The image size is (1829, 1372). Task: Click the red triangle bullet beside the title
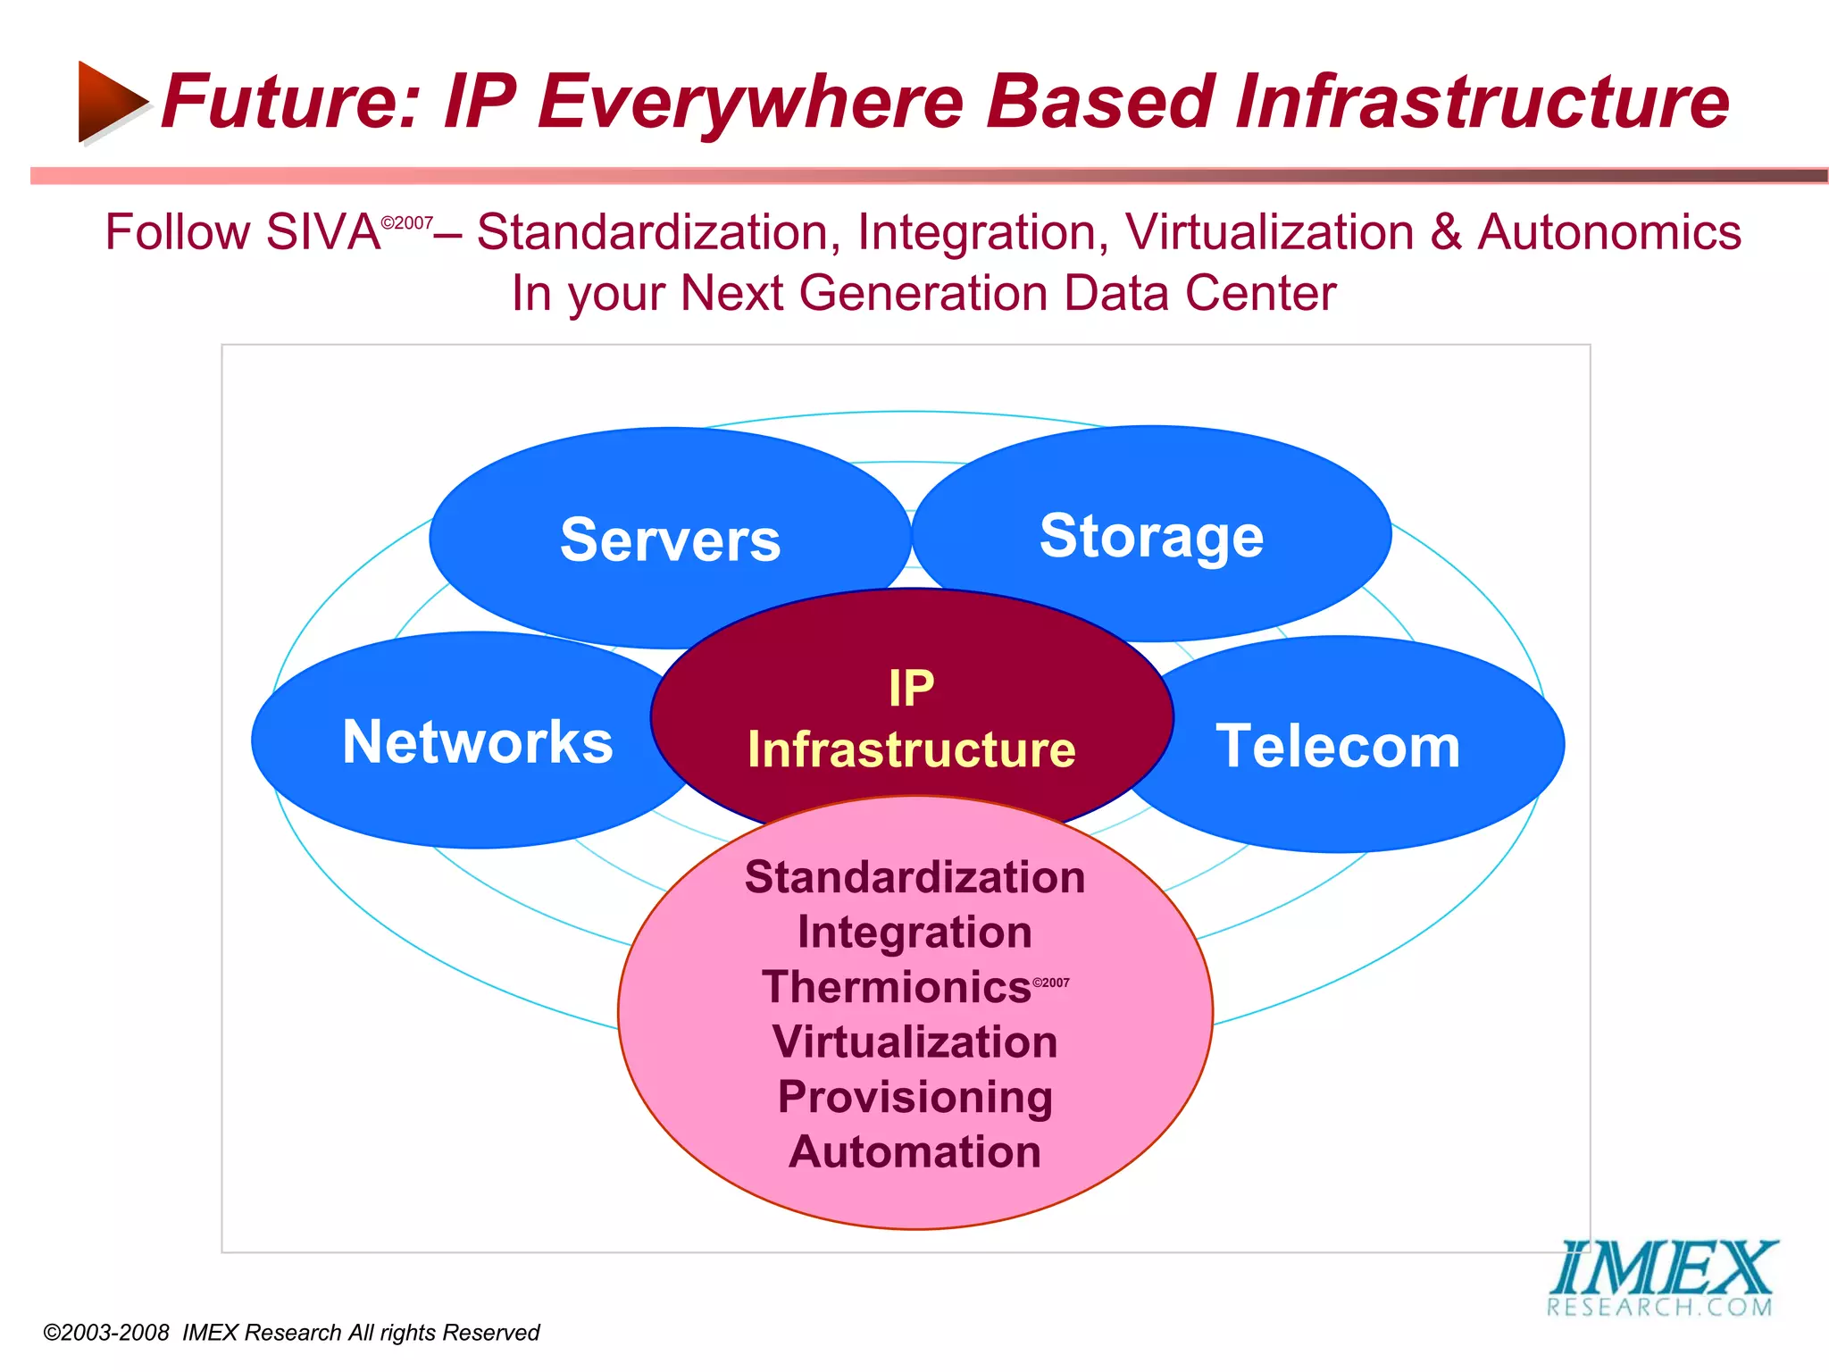110,102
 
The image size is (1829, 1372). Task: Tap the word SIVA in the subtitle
322,232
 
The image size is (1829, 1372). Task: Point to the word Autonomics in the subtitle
1608,232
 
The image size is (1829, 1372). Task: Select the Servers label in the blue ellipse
670,540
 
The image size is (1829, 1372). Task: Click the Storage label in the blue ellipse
1151,537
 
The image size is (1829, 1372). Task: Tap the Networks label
478,742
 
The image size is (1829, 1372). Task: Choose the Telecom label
1338,747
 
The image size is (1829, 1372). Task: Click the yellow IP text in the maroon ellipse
911,689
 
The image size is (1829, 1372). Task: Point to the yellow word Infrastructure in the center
912,749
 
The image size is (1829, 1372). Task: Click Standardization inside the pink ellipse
914,877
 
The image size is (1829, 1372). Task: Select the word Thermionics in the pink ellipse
897,988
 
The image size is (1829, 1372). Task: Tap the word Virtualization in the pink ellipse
914,1042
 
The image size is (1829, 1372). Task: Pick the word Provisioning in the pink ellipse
914,1097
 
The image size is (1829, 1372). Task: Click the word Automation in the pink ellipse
914,1152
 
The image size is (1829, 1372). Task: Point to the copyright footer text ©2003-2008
106,1333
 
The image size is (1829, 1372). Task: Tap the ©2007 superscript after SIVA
407,222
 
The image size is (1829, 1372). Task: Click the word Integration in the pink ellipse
914,933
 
